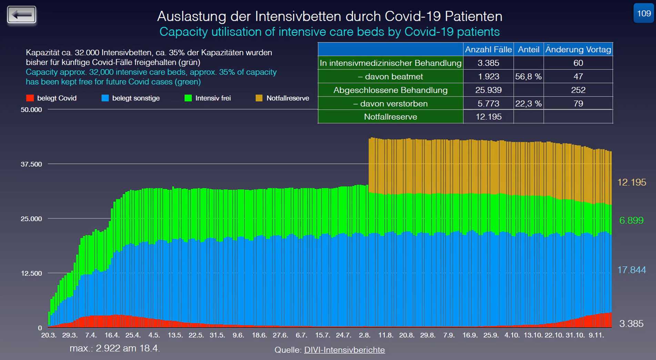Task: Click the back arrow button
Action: point(21,15)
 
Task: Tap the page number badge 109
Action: point(644,13)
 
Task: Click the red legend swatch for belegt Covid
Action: point(30,98)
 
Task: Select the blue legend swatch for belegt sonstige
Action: point(105,98)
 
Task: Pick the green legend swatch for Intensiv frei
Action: point(188,98)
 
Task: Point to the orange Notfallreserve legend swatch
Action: point(259,98)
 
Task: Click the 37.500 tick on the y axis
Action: point(31,164)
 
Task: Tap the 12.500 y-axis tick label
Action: point(31,274)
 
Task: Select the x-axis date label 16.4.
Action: point(112,335)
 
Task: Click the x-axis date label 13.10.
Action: point(533,335)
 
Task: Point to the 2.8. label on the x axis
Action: point(365,335)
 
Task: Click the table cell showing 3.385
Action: point(488,63)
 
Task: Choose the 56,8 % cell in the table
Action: point(528,76)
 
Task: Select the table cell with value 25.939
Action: point(488,90)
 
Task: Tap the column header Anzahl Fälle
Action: point(488,50)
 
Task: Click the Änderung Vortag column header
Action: point(578,50)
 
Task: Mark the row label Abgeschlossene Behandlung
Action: point(391,90)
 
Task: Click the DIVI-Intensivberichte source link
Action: point(344,350)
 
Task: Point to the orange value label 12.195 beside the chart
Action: point(632,182)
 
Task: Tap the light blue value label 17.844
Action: point(632,270)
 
